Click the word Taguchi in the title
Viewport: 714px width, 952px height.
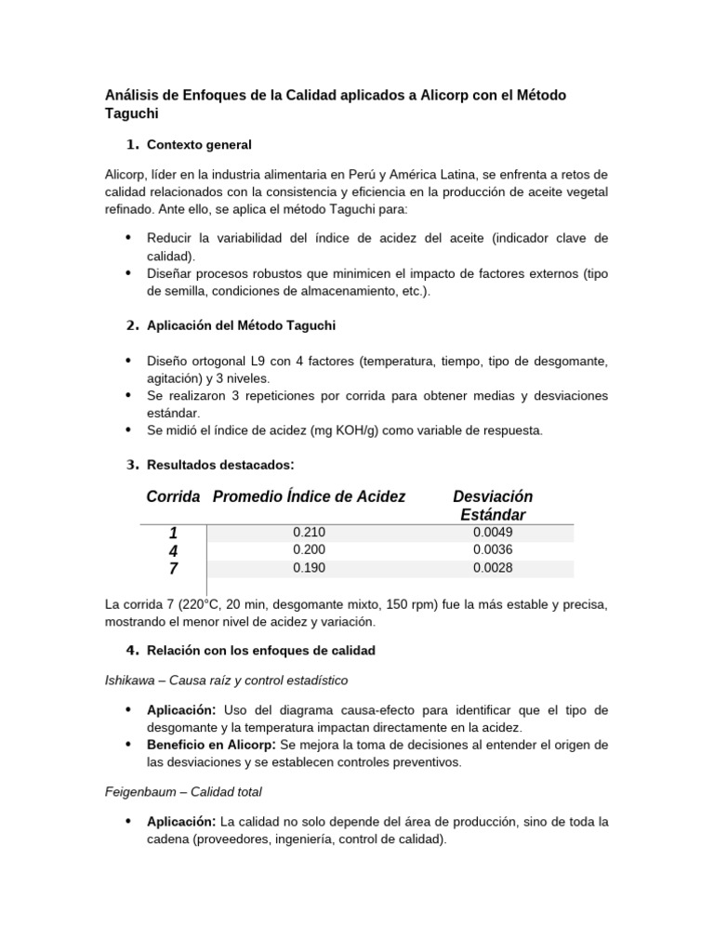point(133,113)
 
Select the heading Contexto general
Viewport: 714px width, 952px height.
point(199,145)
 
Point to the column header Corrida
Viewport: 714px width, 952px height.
point(173,497)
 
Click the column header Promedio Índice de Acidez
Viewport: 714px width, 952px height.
point(309,497)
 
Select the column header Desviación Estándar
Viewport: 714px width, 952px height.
point(493,506)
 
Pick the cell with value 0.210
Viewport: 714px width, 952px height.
point(309,533)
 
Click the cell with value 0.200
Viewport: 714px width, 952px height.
point(309,550)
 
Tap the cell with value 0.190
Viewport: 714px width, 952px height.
point(309,568)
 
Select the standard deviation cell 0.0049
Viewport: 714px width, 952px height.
point(493,533)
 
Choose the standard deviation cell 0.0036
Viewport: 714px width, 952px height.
point(493,550)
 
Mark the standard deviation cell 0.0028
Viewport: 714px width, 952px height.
point(493,568)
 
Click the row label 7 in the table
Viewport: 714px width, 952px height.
point(173,569)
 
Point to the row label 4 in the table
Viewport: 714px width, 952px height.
point(173,551)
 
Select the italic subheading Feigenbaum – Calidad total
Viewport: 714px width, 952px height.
point(183,792)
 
